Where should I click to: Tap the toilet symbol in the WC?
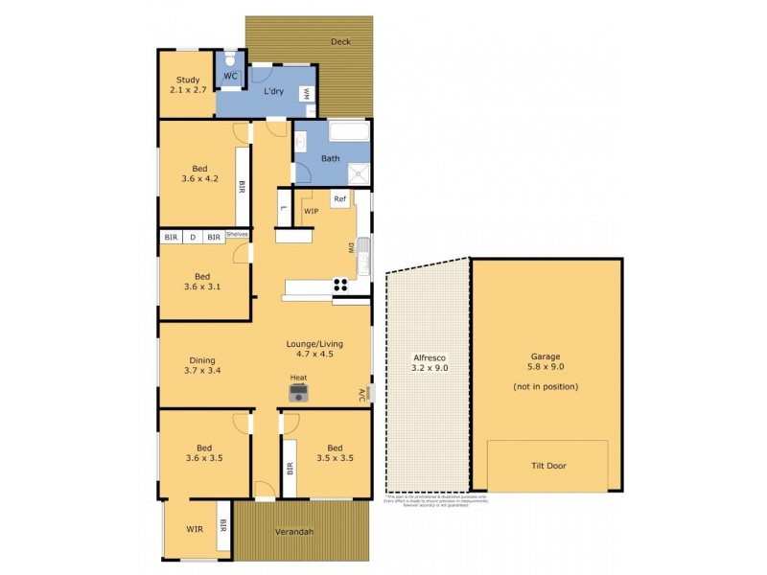pyautogui.click(x=231, y=58)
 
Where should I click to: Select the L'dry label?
pyautogui.click(x=274, y=91)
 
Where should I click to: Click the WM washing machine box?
pyautogui.click(x=306, y=93)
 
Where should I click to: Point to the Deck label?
pyautogui.click(x=340, y=41)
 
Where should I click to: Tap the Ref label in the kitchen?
pyautogui.click(x=339, y=198)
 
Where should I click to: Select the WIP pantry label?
pyautogui.click(x=311, y=211)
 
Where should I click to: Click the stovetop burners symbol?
pyautogui.click(x=339, y=283)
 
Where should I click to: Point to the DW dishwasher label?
pyautogui.click(x=352, y=247)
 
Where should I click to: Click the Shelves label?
pyautogui.click(x=238, y=234)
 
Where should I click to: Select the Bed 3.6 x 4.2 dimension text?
pyautogui.click(x=200, y=177)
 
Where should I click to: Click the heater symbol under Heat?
pyautogui.click(x=299, y=394)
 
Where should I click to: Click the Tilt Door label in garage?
pyautogui.click(x=547, y=466)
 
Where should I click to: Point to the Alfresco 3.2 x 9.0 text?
pyautogui.click(x=429, y=361)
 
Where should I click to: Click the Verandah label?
pyautogui.click(x=295, y=532)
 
